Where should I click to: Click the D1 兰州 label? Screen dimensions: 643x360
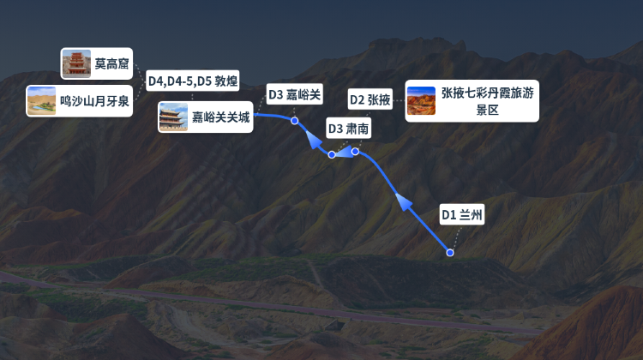462,214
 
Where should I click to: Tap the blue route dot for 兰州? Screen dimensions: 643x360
450,253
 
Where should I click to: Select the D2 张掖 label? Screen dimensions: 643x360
370,99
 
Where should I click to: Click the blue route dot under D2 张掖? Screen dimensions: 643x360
355,152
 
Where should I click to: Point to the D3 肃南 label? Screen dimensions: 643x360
349,129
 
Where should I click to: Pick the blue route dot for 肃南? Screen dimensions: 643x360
332,154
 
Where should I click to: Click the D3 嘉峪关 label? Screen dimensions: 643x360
294,95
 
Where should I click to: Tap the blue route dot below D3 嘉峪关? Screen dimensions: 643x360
294,121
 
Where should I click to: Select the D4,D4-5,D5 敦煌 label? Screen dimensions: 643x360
193,81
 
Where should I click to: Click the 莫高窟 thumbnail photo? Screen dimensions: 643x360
76,63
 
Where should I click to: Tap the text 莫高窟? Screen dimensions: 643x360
111,64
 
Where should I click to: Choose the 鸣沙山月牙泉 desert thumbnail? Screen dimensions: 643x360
41,101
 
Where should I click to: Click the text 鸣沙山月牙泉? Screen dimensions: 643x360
94,101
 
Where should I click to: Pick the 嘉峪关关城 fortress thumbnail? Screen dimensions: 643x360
173,117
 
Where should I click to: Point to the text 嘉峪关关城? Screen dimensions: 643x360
220,117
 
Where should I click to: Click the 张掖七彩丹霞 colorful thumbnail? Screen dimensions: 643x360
421,101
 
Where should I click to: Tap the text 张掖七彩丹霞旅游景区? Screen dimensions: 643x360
487,101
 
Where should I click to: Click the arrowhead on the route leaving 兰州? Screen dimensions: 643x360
404,201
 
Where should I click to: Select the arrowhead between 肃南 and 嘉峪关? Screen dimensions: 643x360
315,140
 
